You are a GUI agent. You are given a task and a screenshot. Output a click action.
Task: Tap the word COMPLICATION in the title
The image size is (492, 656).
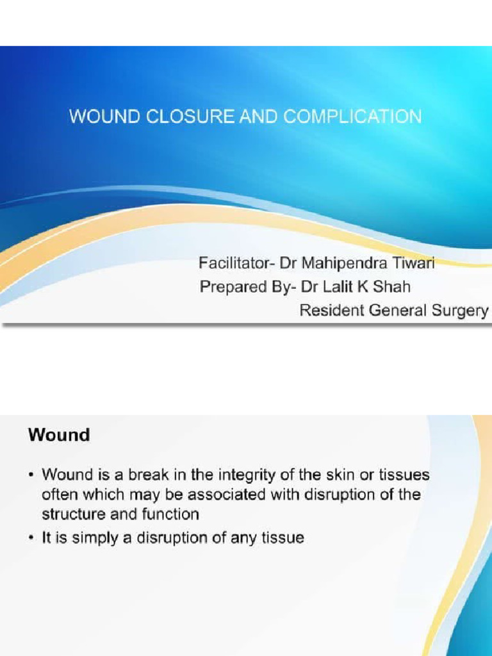(352, 117)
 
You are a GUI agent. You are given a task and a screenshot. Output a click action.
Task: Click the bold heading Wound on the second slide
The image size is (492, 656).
(59, 435)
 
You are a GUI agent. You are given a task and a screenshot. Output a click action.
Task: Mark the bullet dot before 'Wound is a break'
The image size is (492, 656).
(32, 476)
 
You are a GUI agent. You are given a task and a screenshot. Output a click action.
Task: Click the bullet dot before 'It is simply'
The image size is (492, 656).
(32, 539)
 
